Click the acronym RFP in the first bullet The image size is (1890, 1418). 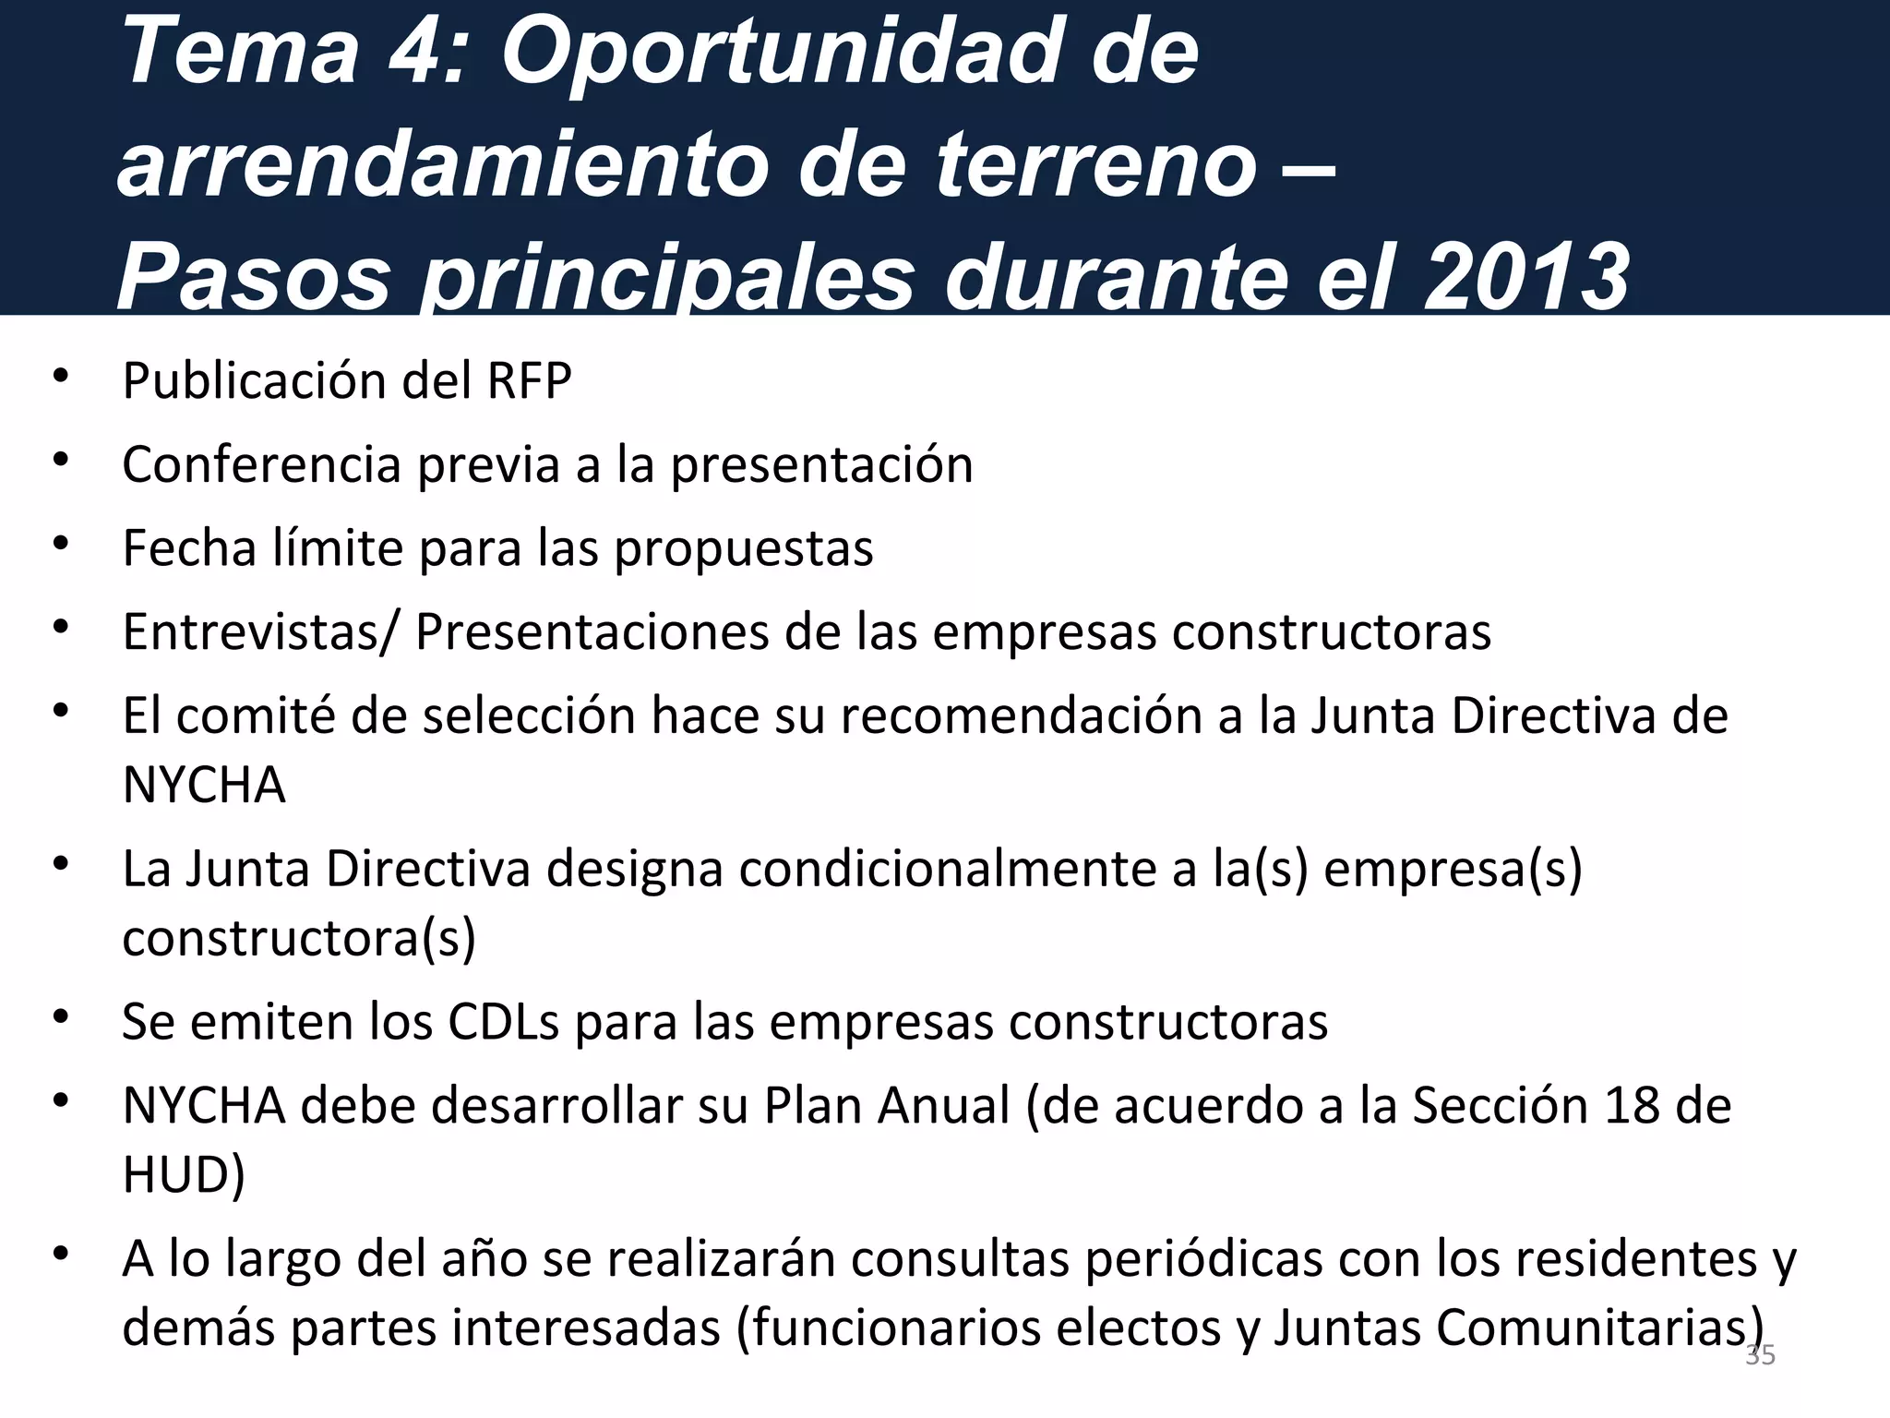530,380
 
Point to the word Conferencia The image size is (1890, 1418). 261,464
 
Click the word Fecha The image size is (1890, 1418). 189,548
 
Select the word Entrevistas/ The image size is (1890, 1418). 260,632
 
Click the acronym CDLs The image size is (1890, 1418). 504,1022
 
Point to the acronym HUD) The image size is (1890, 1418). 184,1175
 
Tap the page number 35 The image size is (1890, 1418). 1760,1356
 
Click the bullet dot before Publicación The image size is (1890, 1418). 61,377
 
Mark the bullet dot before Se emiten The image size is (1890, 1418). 61,1017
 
